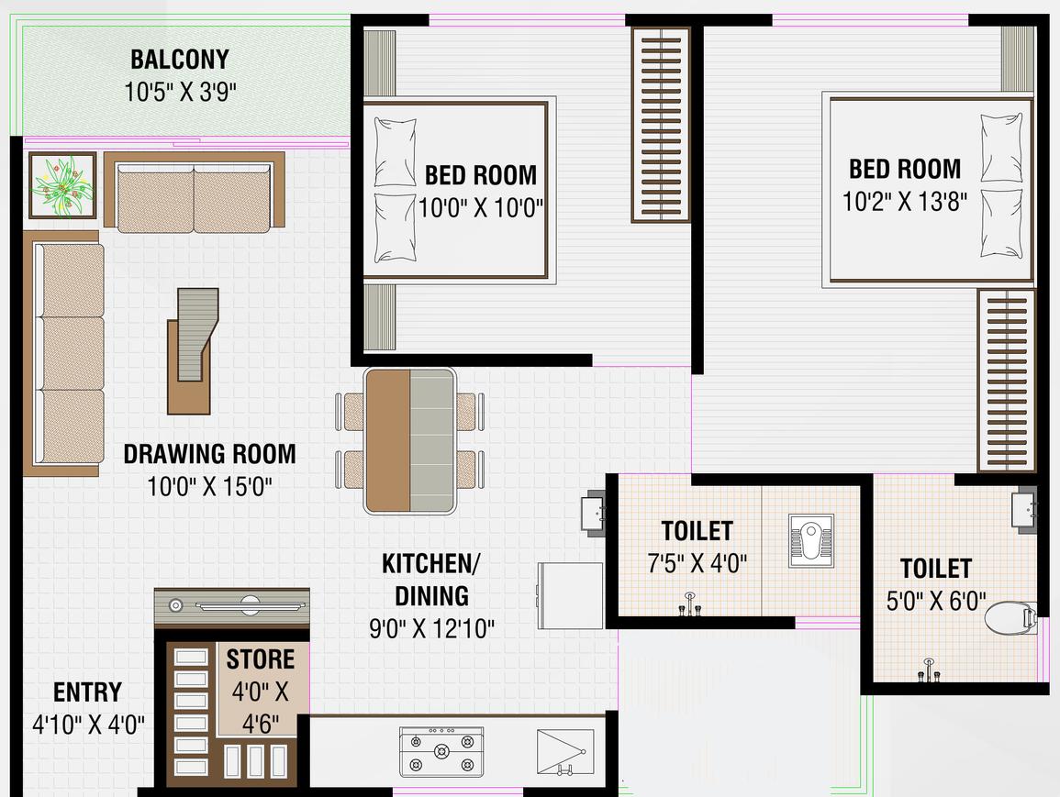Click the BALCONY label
coord(179,60)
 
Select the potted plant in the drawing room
coord(62,185)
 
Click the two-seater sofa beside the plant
coord(194,190)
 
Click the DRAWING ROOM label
coord(209,454)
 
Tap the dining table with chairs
coord(409,441)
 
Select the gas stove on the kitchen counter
coord(441,752)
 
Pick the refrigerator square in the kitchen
coord(570,595)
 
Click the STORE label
coord(261,659)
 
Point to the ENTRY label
coord(87,692)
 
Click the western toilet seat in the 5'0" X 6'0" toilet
coord(1010,616)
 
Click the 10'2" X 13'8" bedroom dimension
coord(904,201)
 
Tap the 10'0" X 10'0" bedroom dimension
coord(481,207)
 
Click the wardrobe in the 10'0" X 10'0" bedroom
coord(660,125)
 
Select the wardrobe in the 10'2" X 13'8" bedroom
coord(1006,380)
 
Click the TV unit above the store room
coord(231,605)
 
